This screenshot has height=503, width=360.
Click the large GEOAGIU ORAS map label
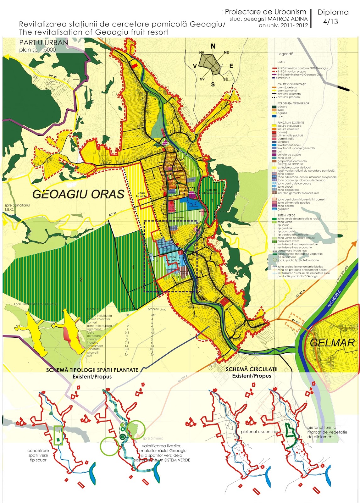pos(78,194)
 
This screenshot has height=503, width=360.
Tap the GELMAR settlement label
pos(332,343)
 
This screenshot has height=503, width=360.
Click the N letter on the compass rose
pos(213,47)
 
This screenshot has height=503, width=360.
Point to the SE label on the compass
pos(225,79)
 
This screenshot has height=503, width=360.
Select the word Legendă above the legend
pos(285,54)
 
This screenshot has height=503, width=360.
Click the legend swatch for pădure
pos(274,107)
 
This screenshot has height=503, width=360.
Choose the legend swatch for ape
pos(274,116)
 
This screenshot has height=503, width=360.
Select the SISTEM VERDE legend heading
pos(286,215)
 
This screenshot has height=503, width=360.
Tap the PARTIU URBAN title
pos(43,42)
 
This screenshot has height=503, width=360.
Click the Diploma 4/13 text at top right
pos(333,16)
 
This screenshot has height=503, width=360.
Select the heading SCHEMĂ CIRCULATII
pos(252,369)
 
